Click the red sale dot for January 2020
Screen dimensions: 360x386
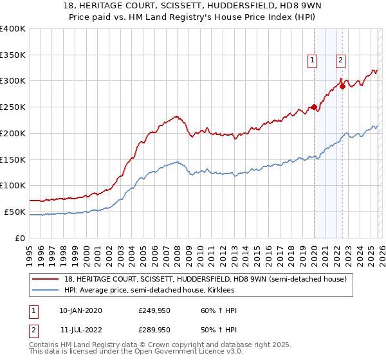click(314, 107)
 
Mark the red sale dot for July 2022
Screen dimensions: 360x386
click(342, 87)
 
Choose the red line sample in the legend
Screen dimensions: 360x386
click(45, 279)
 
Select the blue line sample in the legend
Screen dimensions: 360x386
click(45, 291)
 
